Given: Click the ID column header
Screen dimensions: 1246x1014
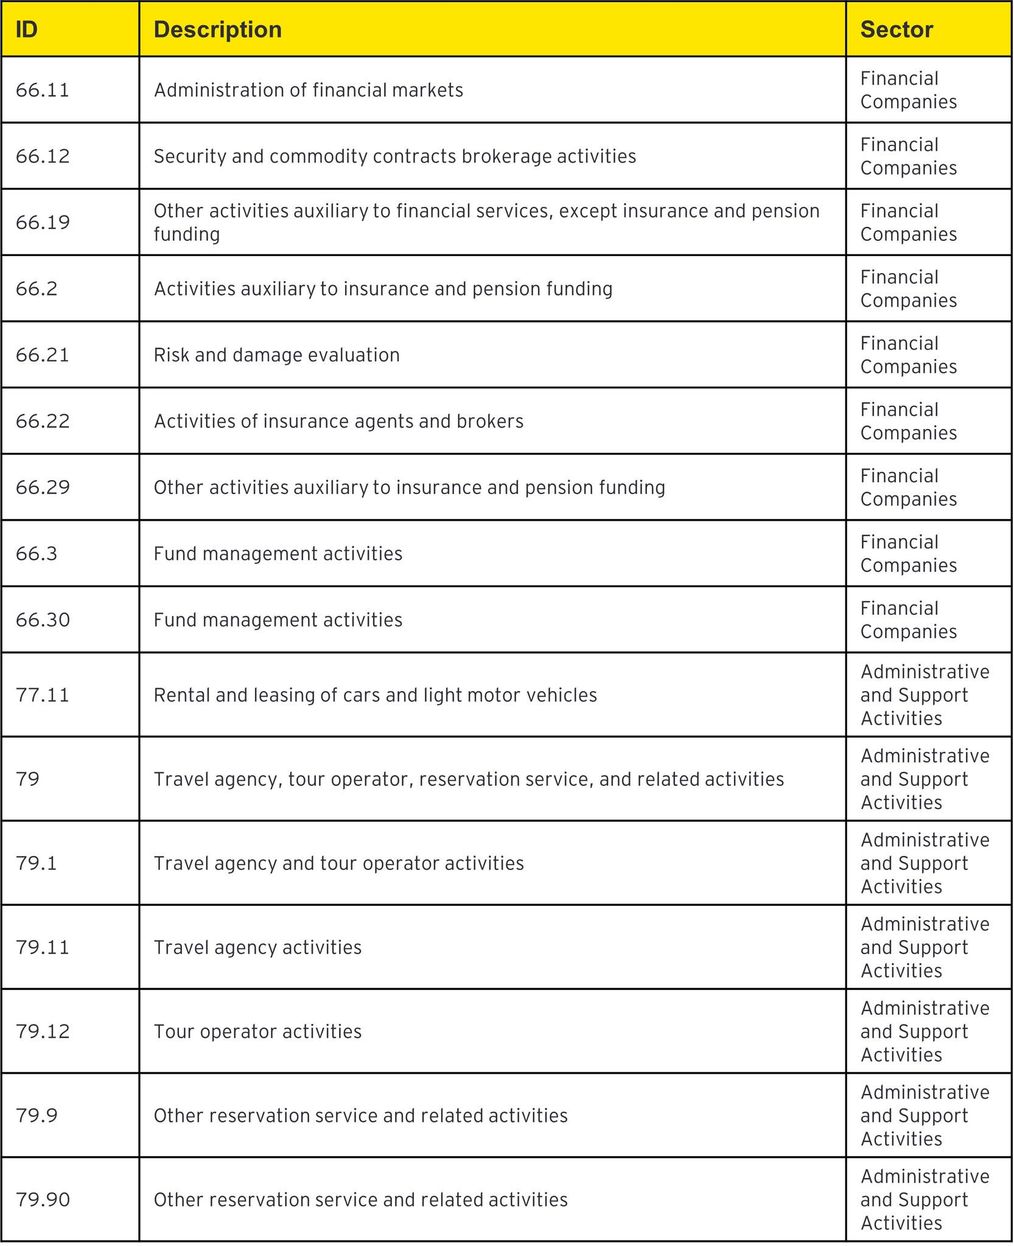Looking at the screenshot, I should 27,30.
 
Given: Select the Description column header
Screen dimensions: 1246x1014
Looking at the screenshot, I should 218,30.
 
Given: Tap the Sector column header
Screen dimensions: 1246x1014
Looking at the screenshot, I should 897,30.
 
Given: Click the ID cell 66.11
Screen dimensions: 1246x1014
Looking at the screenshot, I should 43,90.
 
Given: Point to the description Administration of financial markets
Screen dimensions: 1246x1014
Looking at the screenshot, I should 309,90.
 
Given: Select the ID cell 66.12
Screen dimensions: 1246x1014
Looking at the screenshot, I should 43,156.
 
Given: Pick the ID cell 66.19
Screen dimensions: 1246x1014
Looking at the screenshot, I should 43,222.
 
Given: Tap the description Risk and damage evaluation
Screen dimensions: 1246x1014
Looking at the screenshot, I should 277,355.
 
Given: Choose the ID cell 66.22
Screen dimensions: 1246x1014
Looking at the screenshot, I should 43,421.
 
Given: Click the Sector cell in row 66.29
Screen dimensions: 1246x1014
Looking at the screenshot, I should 909,487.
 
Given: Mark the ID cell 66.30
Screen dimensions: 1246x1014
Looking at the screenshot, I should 43,620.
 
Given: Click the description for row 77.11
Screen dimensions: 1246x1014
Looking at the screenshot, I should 376,695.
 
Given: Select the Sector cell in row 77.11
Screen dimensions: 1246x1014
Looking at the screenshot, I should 925,695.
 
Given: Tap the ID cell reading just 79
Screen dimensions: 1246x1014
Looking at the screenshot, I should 28,779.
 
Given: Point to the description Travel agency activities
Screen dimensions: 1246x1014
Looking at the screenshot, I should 257,947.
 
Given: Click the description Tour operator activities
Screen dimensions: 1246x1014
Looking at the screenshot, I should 257,1031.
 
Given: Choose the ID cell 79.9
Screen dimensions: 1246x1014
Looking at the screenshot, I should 37,1115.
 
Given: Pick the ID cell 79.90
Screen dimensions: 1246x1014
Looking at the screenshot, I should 43,1199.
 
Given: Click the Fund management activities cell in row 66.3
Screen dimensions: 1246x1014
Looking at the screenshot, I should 278,554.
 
